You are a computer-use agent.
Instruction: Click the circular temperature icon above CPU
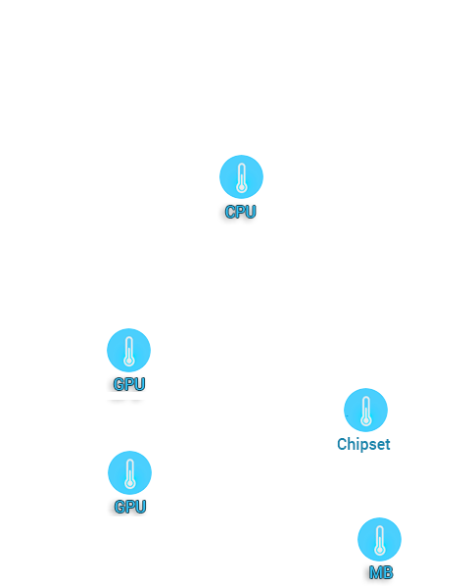point(241,176)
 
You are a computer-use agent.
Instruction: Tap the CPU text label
point(241,212)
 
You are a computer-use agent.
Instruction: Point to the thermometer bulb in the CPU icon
point(242,185)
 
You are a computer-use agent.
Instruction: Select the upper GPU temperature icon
point(129,350)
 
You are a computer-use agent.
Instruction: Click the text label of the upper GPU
point(129,384)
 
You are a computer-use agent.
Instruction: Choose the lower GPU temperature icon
point(129,472)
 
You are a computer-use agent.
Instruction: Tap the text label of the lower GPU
point(130,507)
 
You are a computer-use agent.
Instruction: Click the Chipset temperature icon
point(365,410)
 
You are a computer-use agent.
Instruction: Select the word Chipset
point(363,444)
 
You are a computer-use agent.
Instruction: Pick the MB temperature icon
point(379,539)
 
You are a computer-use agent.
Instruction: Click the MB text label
point(381,572)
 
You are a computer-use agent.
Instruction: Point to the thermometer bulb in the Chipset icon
point(366,421)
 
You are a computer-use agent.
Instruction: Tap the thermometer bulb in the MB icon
point(380,550)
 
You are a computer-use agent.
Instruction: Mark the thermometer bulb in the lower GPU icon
point(130,483)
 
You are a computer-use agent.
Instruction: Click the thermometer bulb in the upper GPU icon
point(129,361)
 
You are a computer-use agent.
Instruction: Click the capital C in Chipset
point(341,444)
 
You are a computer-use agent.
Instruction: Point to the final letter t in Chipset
point(388,445)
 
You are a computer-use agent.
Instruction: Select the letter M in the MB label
point(376,572)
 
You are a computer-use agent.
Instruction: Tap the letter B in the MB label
point(388,572)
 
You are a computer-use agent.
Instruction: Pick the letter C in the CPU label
point(230,212)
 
